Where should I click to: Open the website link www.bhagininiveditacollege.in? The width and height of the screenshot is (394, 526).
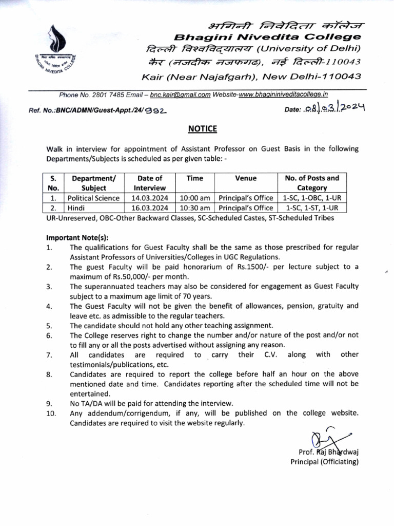coord(284,95)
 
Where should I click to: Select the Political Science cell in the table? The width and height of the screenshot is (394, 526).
coord(94,198)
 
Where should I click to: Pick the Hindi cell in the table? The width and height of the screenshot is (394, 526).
coord(76,208)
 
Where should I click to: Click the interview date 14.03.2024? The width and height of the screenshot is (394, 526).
coord(150,198)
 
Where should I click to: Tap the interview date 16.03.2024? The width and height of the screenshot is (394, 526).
coord(150,208)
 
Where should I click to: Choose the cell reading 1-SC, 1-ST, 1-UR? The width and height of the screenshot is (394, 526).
coord(312,208)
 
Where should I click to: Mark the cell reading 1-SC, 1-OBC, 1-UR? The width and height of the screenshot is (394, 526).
coord(312,198)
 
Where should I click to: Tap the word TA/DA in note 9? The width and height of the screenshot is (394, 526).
coord(93,403)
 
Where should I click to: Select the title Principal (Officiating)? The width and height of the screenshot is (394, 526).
coord(324,462)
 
